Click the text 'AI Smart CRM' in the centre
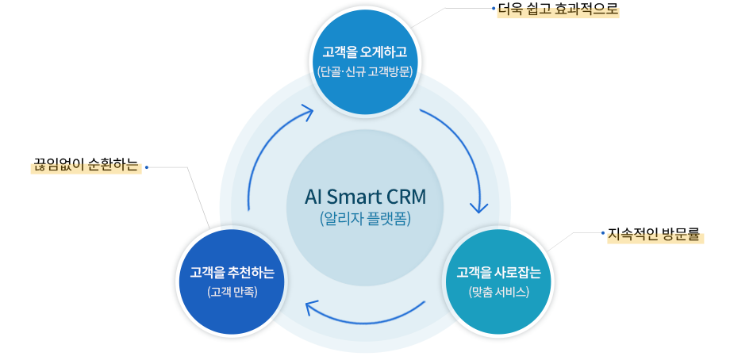[364, 196]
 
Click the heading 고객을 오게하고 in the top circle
[364, 52]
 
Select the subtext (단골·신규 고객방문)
[364, 72]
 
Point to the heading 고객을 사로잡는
[499, 273]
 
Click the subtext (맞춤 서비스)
[499, 292]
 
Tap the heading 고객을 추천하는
[232, 273]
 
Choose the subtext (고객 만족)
[232, 292]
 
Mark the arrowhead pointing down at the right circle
[478, 208]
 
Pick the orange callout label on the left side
[85, 167]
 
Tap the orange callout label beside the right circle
[655, 236]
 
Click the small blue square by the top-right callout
[493, 9]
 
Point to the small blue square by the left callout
[146, 167]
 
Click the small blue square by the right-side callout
[602, 232]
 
